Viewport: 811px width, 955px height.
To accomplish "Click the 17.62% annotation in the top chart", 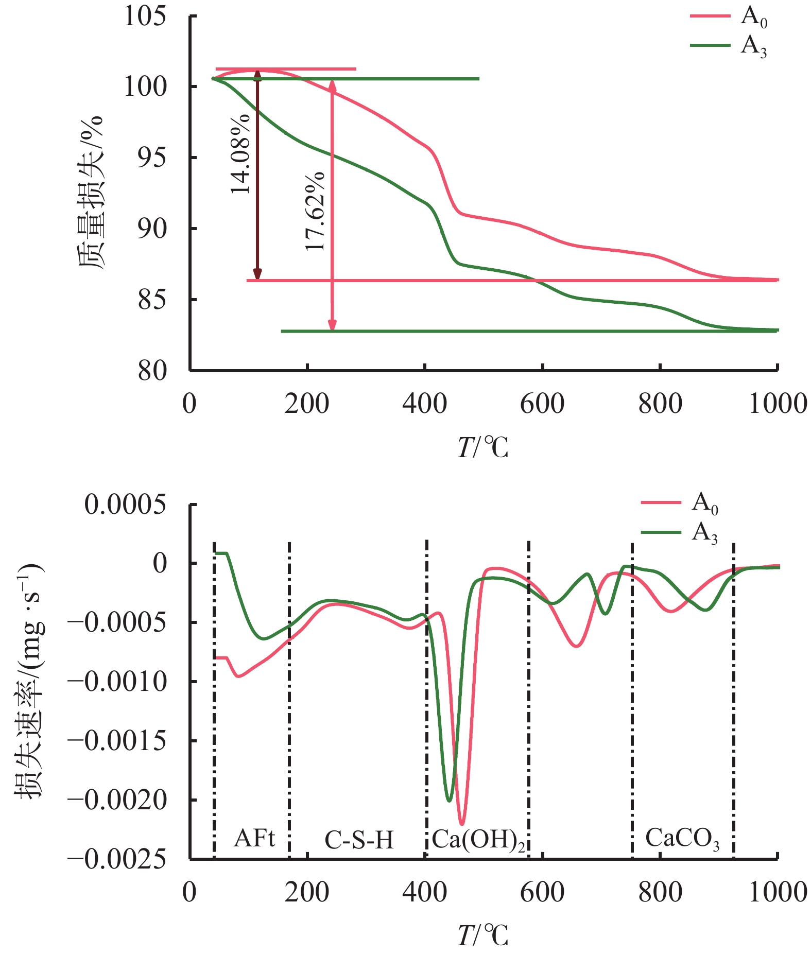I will tap(315, 211).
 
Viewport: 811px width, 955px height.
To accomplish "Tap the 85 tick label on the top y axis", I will tap(152, 300).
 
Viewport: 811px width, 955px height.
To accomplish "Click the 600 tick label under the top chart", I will tap(542, 404).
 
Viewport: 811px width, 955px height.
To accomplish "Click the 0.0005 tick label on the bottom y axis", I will tap(126, 505).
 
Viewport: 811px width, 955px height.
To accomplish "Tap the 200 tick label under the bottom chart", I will tap(307, 892).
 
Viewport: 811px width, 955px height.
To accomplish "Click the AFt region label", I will tap(254, 839).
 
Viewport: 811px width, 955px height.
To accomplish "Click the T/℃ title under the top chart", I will tap(482, 447).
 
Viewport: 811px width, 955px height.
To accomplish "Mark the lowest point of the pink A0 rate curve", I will tap(462, 824).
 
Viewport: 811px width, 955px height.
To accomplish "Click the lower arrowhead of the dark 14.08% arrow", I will tap(258, 275).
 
